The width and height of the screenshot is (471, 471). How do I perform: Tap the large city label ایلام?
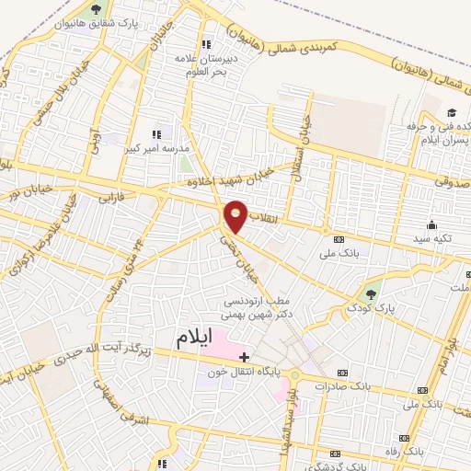(200, 339)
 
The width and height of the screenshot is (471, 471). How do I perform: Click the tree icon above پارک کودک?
(371, 293)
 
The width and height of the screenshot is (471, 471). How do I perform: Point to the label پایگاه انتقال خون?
(246, 373)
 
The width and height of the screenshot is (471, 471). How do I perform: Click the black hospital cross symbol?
(244, 355)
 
